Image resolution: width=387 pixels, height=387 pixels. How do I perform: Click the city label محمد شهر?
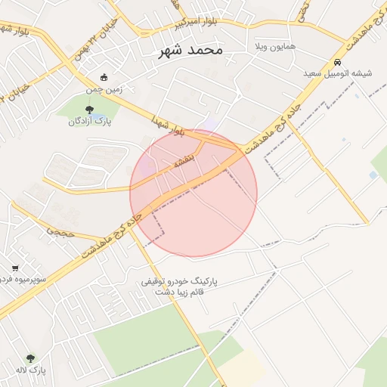point(191,51)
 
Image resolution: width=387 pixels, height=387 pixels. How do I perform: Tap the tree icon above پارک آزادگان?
point(89,110)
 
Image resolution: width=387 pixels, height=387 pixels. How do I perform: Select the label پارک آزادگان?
point(90,122)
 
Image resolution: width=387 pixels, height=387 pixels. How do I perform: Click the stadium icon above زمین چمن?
point(104,77)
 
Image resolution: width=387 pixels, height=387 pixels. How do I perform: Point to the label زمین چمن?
point(104,88)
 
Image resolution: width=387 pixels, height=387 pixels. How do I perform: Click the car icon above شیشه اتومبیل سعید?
point(337,63)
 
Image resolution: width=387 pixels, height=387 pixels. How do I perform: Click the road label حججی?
point(61,232)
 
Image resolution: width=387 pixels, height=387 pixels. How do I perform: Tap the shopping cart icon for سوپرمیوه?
point(16,268)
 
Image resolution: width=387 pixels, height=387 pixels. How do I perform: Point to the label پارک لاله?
point(31,370)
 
